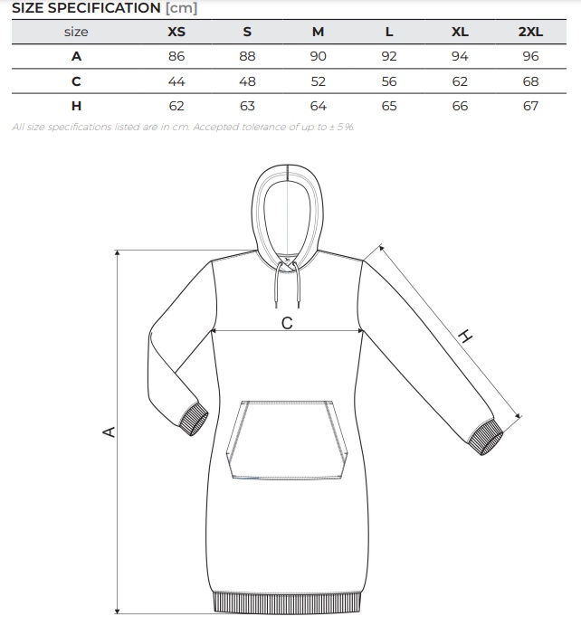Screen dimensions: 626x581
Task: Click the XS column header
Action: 176,32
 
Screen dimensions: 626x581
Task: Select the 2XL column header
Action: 530,32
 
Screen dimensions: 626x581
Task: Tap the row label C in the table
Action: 77,81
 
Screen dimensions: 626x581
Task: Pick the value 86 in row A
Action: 176,56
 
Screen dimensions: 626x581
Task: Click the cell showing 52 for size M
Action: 318,81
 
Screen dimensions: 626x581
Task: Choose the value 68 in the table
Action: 530,81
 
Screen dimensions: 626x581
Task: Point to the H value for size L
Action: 389,106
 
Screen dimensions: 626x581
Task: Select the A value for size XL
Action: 460,56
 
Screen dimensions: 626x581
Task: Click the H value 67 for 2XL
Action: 530,106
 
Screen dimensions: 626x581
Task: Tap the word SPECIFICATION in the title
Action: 104,8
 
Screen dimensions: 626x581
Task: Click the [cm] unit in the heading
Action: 181,8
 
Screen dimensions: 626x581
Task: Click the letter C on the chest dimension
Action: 287,323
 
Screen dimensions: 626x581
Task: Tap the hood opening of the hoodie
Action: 287,213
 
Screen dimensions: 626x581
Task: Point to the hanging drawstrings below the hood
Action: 287,282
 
